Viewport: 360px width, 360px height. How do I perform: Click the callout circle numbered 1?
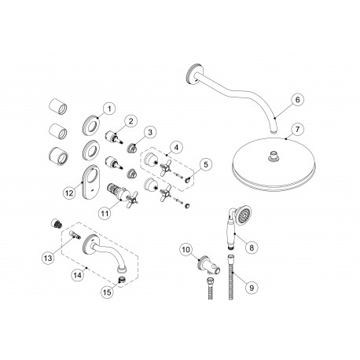(109, 108)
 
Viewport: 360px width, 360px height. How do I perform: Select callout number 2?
(132, 121)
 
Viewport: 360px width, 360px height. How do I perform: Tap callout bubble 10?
(186, 250)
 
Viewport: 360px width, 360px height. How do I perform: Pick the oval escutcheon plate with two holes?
(89, 174)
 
